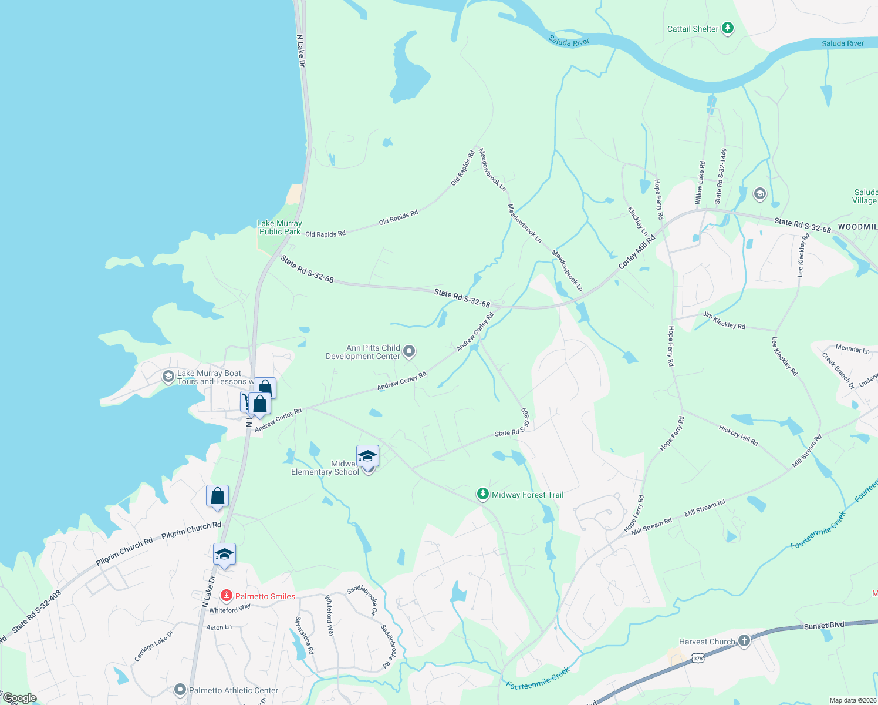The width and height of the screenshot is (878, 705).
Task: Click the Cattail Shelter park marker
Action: click(728, 28)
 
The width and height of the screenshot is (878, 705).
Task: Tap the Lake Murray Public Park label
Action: click(280, 227)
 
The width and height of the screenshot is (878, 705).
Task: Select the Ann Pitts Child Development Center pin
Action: click(410, 351)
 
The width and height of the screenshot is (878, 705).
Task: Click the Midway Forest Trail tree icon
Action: click(482, 494)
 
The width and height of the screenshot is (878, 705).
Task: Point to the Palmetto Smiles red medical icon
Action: click(226, 596)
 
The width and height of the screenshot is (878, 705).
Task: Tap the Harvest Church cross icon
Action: click(744, 640)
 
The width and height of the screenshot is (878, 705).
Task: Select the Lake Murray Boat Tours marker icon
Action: click(168, 377)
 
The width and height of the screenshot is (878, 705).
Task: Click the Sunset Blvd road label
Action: click(824, 626)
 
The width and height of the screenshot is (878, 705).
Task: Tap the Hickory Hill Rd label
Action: click(738, 435)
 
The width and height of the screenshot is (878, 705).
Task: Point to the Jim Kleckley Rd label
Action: click(724, 321)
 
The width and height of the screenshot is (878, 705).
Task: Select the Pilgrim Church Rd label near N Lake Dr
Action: click(191, 529)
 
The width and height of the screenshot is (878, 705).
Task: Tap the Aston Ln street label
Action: click(219, 627)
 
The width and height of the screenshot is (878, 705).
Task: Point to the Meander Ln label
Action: click(852, 349)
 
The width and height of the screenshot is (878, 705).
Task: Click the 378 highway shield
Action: click(698, 659)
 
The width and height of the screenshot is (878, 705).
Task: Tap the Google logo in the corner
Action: click(20, 698)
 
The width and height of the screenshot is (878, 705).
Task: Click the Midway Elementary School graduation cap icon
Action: click(367, 456)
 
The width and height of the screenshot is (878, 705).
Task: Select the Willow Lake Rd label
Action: click(700, 183)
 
